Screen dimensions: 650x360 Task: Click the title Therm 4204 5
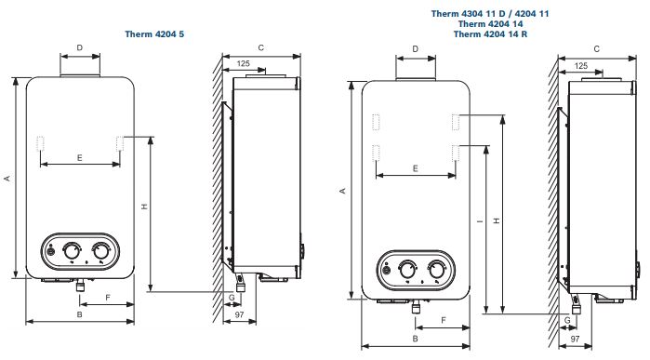tap(154, 34)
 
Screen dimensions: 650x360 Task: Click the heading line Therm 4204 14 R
tap(490, 34)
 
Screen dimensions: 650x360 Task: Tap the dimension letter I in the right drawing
tap(480, 221)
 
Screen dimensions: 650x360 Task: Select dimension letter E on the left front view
tap(80, 157)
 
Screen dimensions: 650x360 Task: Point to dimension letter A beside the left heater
tap(7, 179)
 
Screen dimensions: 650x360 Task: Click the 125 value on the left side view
tap(244, 63)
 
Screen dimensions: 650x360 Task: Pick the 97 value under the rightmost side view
tap(575, 339)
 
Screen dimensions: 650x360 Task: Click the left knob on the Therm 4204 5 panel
tap(72, 250)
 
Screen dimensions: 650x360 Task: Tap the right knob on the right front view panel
tap(436, 269)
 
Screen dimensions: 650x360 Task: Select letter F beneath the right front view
tap(444, 320)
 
